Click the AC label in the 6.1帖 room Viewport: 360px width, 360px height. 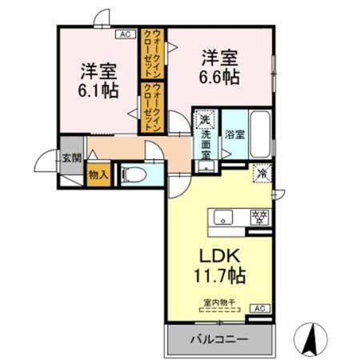(x=125, y=34)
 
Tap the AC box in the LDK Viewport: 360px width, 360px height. (x=258, y=308)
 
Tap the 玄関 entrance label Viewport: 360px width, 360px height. (x=72, y=158)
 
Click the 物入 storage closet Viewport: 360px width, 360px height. (x=98, y=174)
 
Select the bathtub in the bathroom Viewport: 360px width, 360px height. (x=257, y=136)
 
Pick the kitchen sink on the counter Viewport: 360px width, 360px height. (x=222, y=217)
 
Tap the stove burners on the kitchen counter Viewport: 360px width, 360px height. (x=258, y=217)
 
